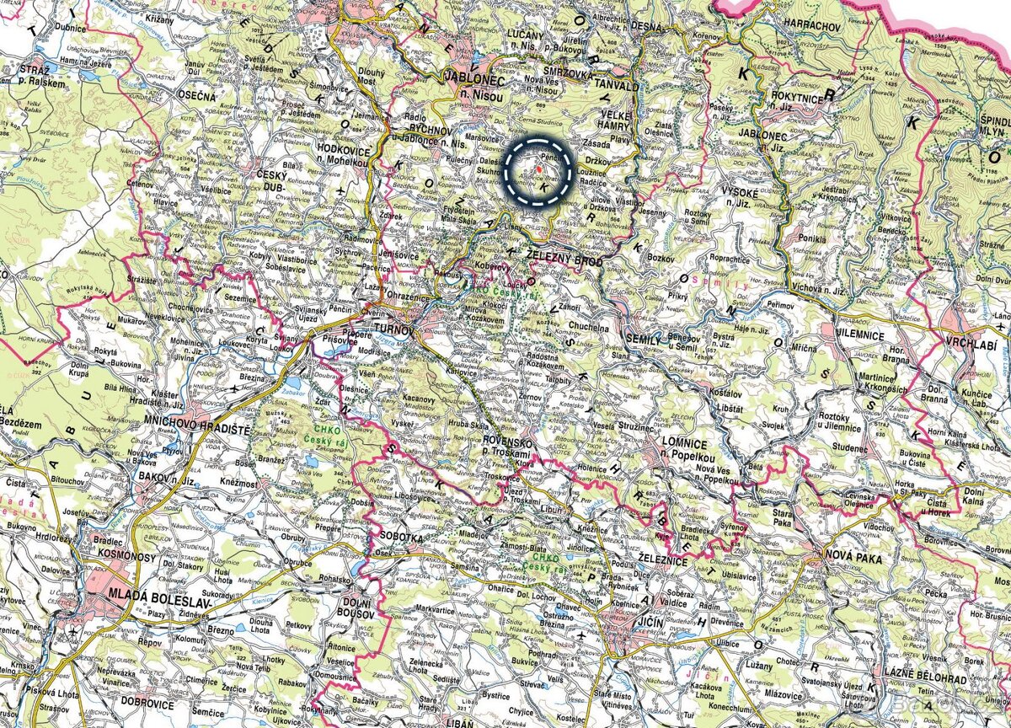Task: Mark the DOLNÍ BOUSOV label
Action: tap(355, 608)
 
